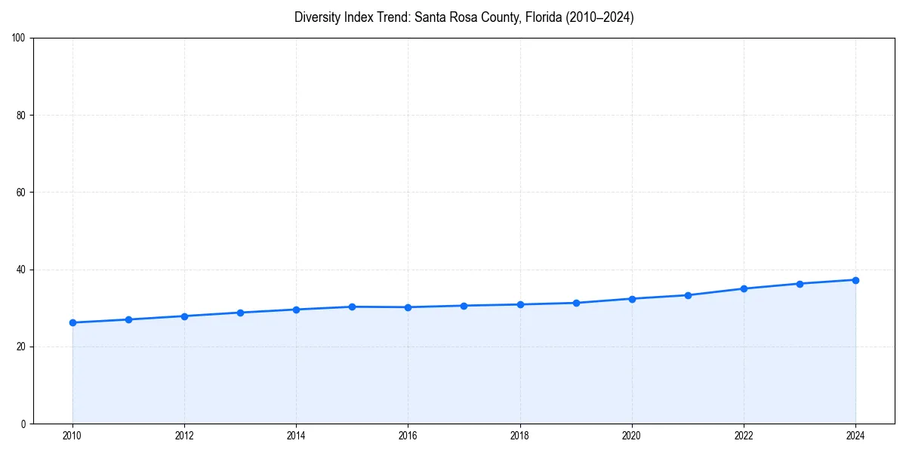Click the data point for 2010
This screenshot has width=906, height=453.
[x=72, y=322]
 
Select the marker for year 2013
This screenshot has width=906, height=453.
[x=240, y=313]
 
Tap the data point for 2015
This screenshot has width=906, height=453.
[x=352, y=307]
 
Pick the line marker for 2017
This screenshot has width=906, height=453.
[x=464, y=306]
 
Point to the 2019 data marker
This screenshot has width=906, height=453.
[x=576, y=303]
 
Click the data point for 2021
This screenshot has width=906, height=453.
[x=688, y=295]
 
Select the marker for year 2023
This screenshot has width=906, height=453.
[x=800, y=284]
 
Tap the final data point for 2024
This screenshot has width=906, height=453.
[x=855, y=280]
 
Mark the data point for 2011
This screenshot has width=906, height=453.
[x=128, y=319]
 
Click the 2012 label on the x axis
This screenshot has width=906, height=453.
[x=184, y=436]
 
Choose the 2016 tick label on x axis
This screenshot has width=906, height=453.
[x=408, y=436]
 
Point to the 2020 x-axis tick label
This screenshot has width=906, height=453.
[x=632, y=436]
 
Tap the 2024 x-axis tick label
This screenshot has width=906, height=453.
[x=855, y=436]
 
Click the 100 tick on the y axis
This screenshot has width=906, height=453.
[x=19, y=39]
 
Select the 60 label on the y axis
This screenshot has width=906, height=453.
[x=21, y=193]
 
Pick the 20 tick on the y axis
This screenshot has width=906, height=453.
[x=21, y=347]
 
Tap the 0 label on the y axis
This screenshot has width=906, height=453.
[x=23, y=424]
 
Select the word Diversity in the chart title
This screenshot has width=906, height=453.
[x=316, y=17]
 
